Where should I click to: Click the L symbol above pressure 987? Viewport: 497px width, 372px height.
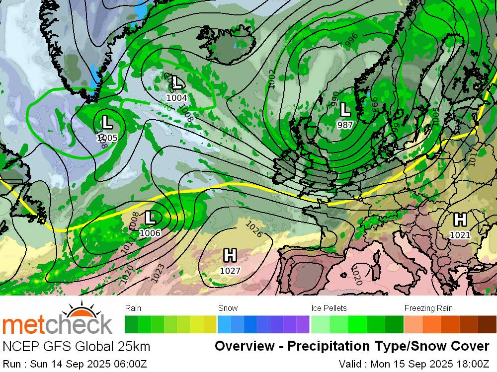point(345,109)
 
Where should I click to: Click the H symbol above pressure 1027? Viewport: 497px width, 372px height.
point(230,256)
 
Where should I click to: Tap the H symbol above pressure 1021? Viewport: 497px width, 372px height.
point(460,219)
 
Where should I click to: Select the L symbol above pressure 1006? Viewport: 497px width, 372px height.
point(150,218)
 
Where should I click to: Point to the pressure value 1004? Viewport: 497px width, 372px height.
point(176,98)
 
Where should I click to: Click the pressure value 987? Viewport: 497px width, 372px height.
point(345,125)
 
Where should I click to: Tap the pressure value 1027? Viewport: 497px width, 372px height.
point(230,271)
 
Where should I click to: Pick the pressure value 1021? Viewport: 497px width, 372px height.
point(460,235)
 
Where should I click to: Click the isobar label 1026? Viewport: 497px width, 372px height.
point(254,229)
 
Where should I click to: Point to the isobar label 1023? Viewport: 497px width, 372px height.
point(158,274)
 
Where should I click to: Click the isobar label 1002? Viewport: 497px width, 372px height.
point(271,79)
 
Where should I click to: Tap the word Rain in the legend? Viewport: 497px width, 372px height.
point(133,308)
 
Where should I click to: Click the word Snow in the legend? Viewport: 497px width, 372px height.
point(228,308)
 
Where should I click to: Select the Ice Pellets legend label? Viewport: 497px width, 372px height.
point(329,308)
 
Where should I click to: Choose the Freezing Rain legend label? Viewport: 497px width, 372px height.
point(428,308)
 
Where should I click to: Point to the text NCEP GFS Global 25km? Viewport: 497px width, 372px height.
point(76,346)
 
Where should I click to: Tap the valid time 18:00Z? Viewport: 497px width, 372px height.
point(471,364)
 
